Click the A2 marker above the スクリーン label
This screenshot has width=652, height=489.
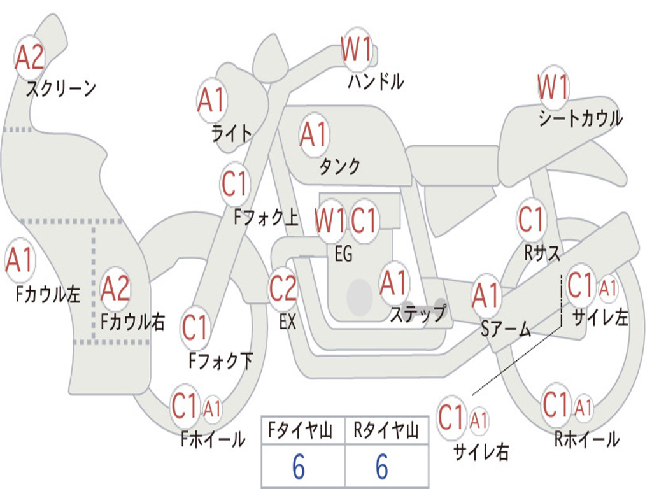[x=29, y=57]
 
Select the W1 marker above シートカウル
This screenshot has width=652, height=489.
[x=553, y=87]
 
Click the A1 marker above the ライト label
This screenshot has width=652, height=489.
[x=212, y=100]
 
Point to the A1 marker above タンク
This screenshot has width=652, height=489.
[x=314, y=135]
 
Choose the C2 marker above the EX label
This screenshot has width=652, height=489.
[x=283, y=288]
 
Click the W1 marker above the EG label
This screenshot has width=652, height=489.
[x=330, y=220]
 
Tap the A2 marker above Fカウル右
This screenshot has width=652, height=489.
[x=115, y=288]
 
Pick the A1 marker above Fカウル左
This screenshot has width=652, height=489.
[x=20, y=260]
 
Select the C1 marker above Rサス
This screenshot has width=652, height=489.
[x=530, y=219]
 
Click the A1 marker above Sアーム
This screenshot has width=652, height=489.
[x=485, y=295]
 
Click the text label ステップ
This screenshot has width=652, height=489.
[x=418, y=313]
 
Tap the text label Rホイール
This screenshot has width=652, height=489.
[x=587, y=439]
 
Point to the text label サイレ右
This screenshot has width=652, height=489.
[x=481, y=451]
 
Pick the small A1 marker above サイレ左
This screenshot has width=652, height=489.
[x=607, y=288]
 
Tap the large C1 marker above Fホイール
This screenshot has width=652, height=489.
[x=184, y=406]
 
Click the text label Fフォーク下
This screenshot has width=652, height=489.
[x=221, y=360]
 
